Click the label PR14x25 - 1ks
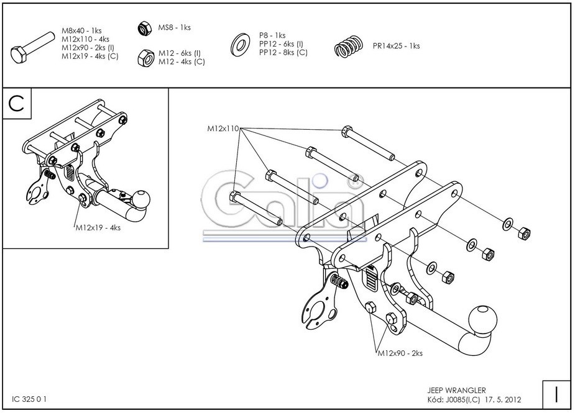click(396, 46)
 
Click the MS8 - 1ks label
click(174, 28)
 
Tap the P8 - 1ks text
click(272, 35)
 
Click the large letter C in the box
click(18, 104)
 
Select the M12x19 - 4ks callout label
click(98, 228)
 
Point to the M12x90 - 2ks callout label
click(400, 353)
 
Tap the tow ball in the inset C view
click(141, 199)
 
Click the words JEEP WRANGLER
click(457, 390)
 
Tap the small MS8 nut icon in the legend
click(142, 28)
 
